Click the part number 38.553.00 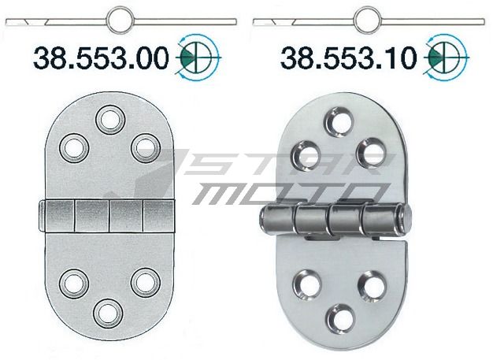pyautogui.click(x=101, y=57)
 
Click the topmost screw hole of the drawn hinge pyautogui.click(x=108, y=120)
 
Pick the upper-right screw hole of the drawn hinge pyautogui.click(x=142, y=147)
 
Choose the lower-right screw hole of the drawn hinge pyautogui.click(x=142, y=281)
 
